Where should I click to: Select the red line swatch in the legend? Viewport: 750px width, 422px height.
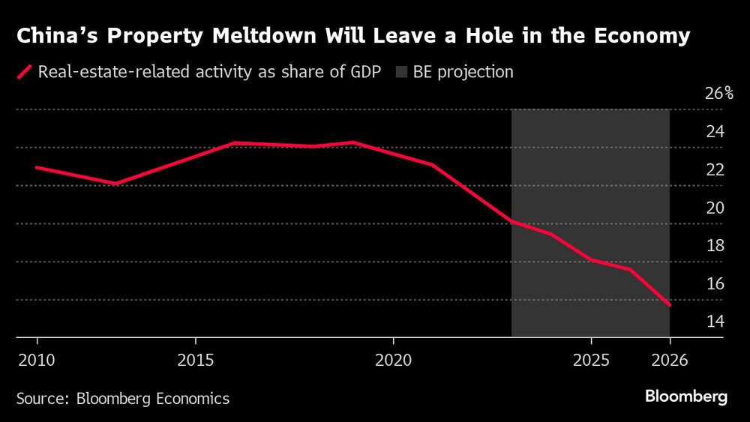[24, 73]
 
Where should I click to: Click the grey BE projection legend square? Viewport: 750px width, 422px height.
[401, 73]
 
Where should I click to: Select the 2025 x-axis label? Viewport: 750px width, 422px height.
[591, 361]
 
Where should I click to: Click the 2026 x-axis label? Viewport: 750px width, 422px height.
[669, 361]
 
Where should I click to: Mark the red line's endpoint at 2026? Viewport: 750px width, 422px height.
[669, 305]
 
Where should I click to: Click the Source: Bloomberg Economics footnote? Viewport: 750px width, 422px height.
[123, 398]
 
